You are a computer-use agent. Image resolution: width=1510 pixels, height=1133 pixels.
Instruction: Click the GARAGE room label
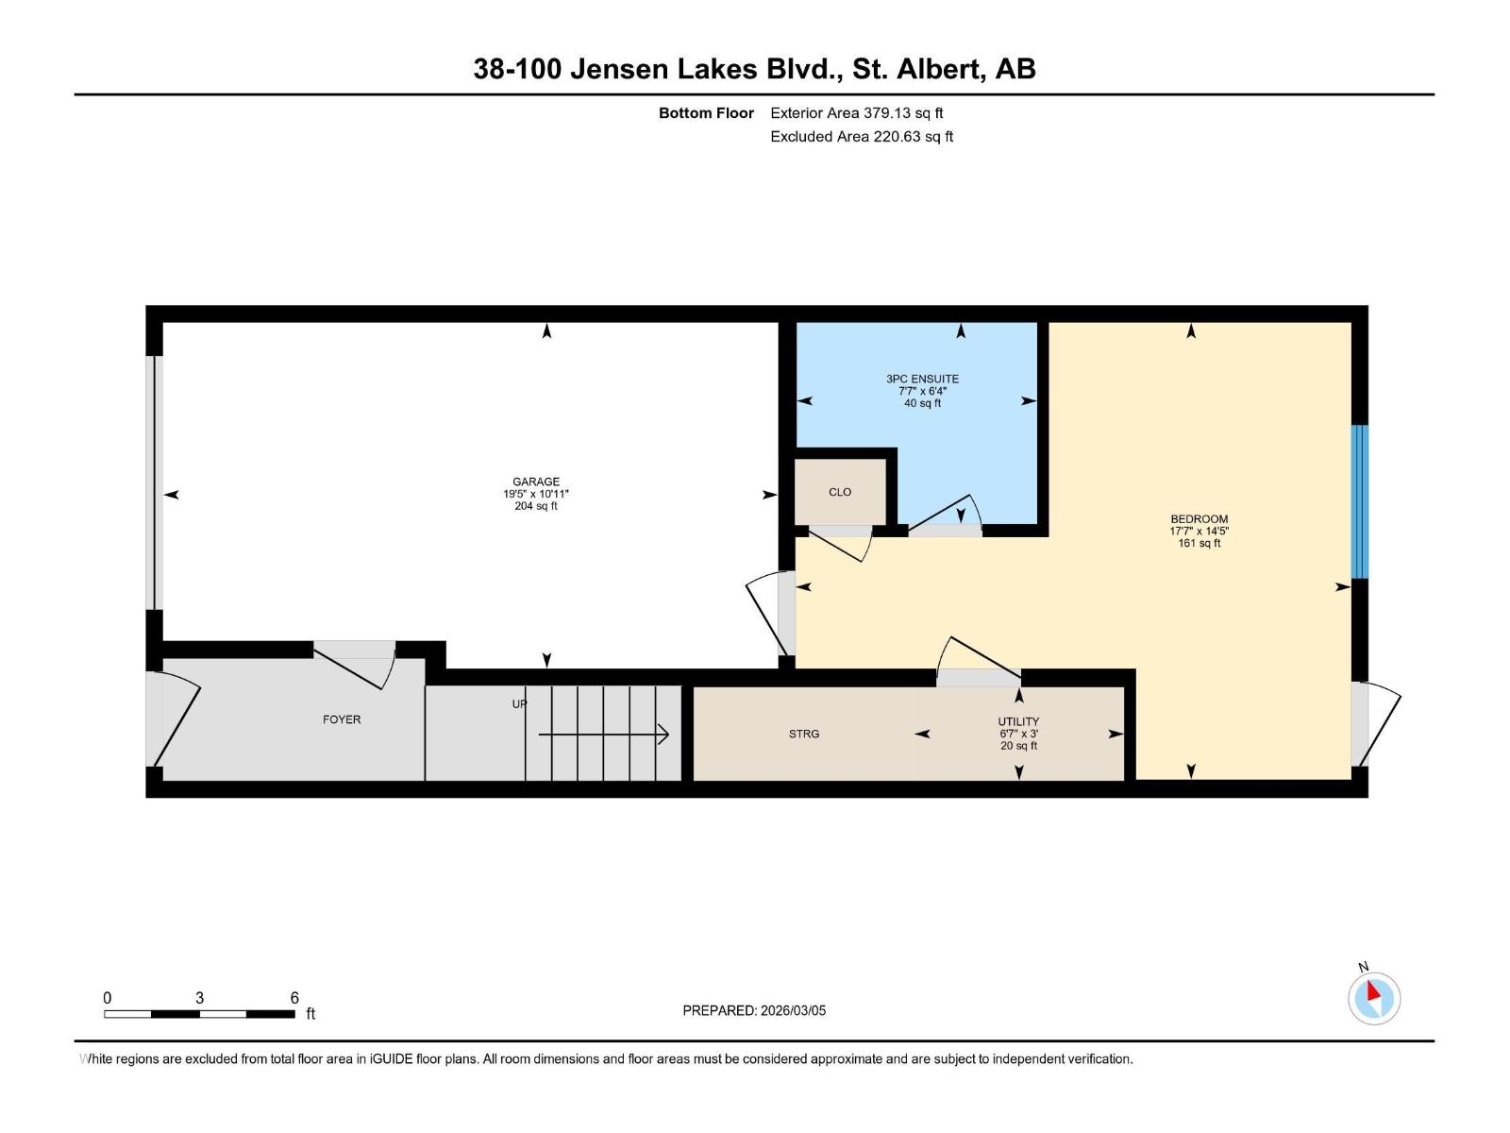(535, 482)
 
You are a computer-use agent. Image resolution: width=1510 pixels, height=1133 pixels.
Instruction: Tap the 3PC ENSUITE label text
(922, 379)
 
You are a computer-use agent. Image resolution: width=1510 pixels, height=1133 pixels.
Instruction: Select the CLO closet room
(840, 492)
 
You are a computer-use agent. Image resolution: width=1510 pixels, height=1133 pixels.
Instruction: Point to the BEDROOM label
(1199, 518)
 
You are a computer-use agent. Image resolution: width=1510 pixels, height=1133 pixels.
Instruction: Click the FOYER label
(342, 719)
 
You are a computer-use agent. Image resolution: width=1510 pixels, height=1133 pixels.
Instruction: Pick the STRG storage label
(804, 734)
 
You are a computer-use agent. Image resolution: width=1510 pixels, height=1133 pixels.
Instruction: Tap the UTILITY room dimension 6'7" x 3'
(1019, 734)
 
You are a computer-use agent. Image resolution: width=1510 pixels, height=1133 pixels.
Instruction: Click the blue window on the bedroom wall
(1359, 501)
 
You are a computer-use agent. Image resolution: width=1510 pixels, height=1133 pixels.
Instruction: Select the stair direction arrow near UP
(604, 734)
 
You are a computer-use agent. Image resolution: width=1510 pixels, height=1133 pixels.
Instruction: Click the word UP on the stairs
(519, 703)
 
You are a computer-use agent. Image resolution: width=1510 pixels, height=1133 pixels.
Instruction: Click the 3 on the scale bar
(199, 998)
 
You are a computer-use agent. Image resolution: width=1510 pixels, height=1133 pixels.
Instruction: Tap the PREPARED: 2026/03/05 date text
(754, 1010)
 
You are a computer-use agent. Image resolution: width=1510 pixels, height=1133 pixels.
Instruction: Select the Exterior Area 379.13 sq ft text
(856, 113)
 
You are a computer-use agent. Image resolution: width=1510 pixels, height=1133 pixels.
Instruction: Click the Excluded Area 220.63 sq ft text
(861, 136)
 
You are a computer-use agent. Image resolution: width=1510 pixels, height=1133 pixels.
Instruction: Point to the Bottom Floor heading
(706, 113)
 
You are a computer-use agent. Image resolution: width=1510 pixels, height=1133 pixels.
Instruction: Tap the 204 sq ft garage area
(535, 506)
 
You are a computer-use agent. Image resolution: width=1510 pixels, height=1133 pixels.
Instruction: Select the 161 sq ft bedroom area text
(1199, 543)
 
